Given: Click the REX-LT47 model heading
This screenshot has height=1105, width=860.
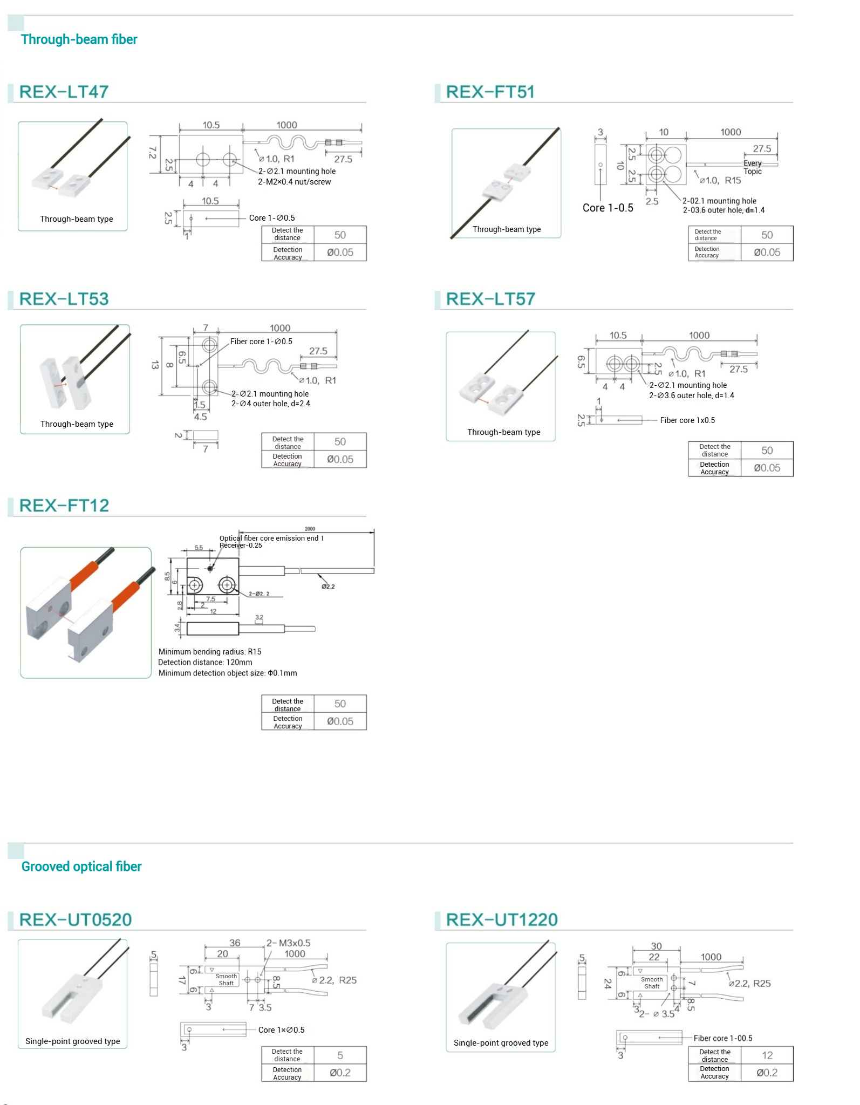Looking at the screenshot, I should tap(64, 92).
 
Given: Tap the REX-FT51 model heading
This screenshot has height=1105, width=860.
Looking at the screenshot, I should tap(490, 92).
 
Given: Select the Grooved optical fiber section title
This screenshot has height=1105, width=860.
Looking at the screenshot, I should tap(81, 867).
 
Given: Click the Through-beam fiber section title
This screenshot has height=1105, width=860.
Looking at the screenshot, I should tap(79, 39).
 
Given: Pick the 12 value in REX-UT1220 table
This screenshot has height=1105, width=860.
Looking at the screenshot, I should tap(767, 1055).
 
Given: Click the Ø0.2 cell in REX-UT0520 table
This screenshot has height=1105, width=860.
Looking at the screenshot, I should tap(340, 1073).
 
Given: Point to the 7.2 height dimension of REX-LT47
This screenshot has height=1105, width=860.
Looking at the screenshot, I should tap(153, 153).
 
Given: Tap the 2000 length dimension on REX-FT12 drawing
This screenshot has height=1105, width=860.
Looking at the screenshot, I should tap(310, 529).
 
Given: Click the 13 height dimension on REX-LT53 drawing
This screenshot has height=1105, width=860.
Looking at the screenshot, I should tap(155, 365).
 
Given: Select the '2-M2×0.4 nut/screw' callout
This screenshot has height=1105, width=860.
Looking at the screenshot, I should tap(295, 182).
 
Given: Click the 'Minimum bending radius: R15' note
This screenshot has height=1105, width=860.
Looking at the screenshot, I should tap(210, 652).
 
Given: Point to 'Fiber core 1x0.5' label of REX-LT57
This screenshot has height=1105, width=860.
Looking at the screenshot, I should tap(687, 420).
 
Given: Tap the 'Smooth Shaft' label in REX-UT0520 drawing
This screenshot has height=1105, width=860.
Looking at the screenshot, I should tap(226, 980).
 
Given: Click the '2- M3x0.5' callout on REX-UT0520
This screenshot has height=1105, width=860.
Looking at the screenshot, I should tap(288, 943).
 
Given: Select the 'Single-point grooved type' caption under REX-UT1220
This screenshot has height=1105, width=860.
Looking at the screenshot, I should tap(501, 1043).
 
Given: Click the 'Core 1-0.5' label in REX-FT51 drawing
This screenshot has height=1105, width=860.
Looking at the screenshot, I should tap(608, 208).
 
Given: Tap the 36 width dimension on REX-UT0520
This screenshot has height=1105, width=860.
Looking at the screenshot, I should tap(235, 943).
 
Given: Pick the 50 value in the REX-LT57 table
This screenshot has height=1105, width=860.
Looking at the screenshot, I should tap(767, 451).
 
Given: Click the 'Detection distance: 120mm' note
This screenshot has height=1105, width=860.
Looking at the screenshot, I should tap(205, 663).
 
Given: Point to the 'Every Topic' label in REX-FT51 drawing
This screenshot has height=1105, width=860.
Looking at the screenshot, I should tap(753, 167).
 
